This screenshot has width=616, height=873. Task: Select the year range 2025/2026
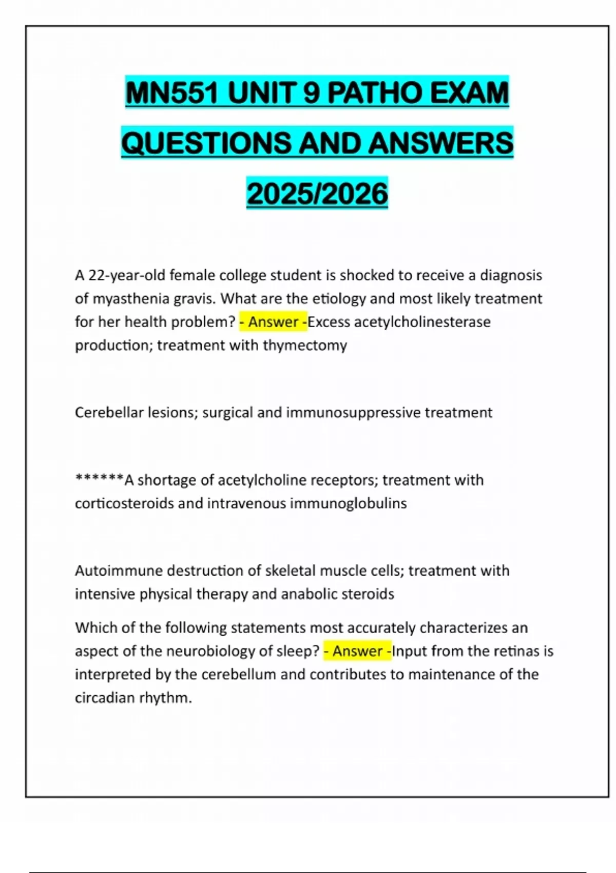click(x=317, y=194)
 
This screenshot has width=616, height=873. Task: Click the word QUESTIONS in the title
click(x=206, y=143)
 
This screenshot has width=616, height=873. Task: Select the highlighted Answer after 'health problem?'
click(x=274, y=322)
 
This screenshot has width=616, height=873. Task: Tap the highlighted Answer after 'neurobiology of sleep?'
click(x=357, y=651)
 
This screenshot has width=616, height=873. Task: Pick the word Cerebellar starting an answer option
click(x=109, y=412)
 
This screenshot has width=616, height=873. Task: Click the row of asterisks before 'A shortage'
click(x=99, y=479)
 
